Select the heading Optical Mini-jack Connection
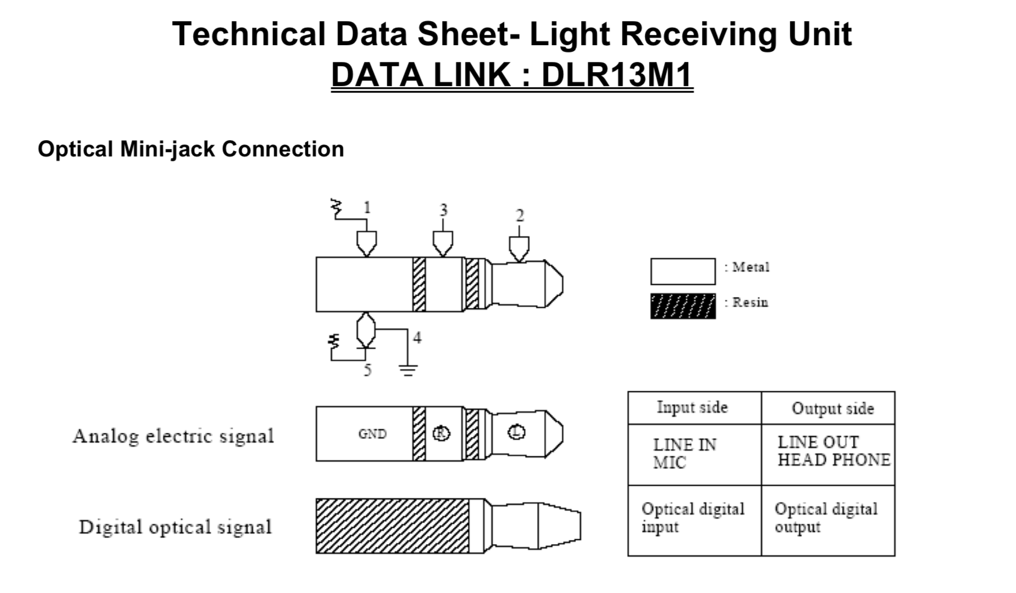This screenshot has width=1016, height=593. point(191,149)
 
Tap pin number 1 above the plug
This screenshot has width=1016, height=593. point(367,207)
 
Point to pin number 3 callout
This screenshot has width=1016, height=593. point(443,210)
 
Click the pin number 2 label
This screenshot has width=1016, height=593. point(520,215)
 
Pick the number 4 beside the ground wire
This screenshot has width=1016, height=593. point(417,337)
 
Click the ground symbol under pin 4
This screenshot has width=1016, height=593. point(408,370)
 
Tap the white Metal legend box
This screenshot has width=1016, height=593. point(683,272)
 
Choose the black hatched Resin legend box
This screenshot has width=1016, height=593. point(683,306)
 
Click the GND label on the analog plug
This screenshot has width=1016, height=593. point(372,434)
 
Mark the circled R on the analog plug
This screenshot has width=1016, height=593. point(442,434)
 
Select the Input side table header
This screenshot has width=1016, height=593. point(692,407)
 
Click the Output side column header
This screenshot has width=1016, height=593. point(833,408)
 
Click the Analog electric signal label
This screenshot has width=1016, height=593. point(173,436)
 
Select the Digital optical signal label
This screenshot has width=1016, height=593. point(176,527)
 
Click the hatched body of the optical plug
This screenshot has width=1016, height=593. point(393,526)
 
